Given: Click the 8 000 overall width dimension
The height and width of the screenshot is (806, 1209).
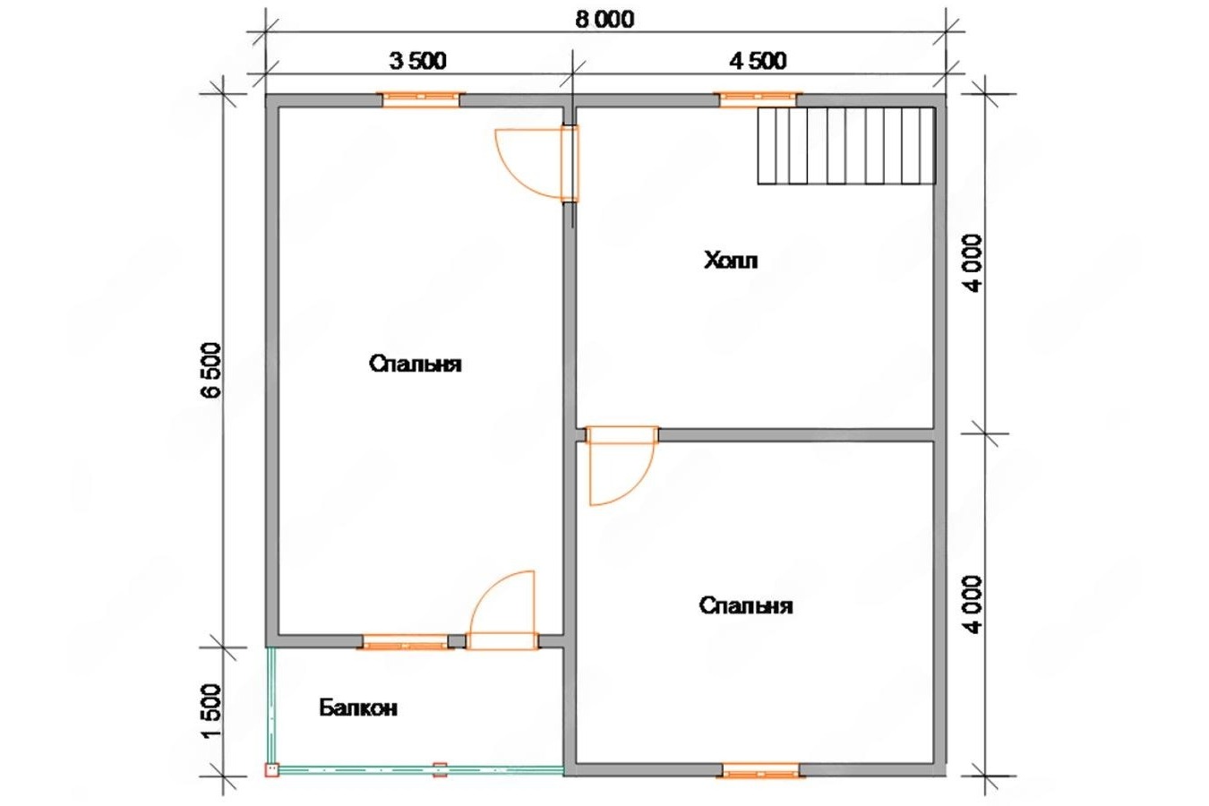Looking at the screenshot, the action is tap(604, 20).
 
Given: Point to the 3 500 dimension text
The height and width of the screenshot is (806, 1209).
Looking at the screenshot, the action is tap(417, 61).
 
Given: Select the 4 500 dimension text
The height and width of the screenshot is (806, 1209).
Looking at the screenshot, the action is tap(758, 61).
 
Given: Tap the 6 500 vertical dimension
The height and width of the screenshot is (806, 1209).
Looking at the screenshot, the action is tap(211, 370).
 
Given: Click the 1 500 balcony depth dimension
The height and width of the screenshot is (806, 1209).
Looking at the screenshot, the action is tap(211, 711).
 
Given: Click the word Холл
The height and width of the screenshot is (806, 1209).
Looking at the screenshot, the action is tap(731, 261).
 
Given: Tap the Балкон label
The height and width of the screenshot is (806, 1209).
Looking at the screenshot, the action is tap(358, 707).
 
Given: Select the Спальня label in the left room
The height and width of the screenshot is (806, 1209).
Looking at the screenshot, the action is tap(415, 364).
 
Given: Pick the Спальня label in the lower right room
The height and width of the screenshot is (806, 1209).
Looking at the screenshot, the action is tap(746, 605).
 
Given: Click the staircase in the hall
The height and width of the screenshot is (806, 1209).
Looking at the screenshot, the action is tap(846, 146).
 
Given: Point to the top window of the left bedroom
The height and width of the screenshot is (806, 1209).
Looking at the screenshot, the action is tap(421, 100).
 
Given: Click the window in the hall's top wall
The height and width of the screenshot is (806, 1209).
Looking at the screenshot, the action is tap(758, 100).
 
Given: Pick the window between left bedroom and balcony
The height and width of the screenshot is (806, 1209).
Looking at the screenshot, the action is tap(406, 641).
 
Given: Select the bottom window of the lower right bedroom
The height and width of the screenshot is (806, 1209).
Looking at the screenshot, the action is tap(761, 770).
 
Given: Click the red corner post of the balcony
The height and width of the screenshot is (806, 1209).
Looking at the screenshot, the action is tap(271, 770).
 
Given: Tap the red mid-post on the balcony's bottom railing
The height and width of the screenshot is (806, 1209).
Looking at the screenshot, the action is tap(441, 770).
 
